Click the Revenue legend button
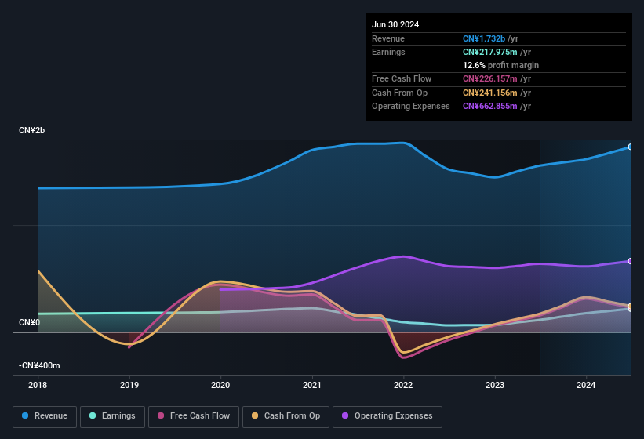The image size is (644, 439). click(x=45, y=415)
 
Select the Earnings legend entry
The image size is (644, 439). click(x=112, y=415)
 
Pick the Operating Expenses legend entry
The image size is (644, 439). click(x=387, y=415)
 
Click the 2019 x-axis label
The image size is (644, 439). click(x=129, y=385)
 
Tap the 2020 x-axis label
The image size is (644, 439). click(x=220, y=385)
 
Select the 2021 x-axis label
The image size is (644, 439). click(x=312, y=385)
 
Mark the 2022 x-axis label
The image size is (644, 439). click(x=403, y=385)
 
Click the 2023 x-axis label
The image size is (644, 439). click(x=495, y=385)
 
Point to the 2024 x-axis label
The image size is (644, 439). click(x=586, y=385)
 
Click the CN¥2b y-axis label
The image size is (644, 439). click(x=32, y=130)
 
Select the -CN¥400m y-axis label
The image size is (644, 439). click(x=39, y=365)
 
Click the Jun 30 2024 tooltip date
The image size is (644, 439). click(x=395, y=24)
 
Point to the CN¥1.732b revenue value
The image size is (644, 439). click(x=486, y=38)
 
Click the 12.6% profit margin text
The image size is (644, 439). click(x=500, y=65)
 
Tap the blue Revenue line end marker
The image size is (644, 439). click(x=631, y=147)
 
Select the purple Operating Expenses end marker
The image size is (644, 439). click(x=631, y=261)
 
